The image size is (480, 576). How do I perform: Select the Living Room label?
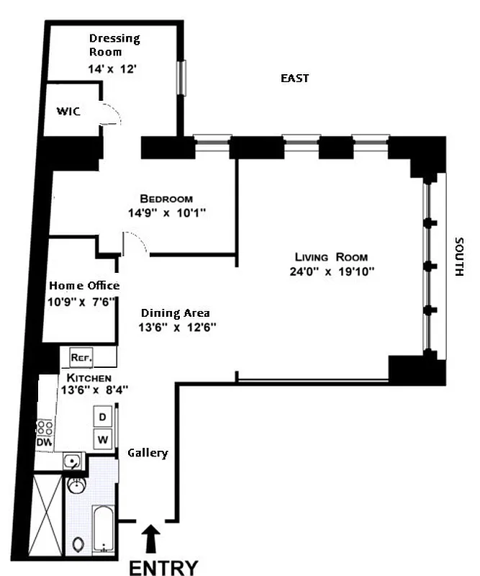[x=331, y=257]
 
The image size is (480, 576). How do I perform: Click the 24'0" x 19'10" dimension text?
[x=331, y=271]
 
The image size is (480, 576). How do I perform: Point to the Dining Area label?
[x=175, y=312]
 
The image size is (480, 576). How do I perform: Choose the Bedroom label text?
[x=166, y=199]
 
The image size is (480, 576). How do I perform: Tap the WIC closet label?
[x=68, y=112]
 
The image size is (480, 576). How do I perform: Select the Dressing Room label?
[x=114, y=45]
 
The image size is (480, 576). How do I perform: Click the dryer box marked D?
[x=102, y=417]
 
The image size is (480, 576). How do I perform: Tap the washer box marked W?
[x=102, y=438]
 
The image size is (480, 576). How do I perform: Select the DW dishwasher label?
[x=44, y=441]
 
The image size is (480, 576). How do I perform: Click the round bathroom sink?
[x=76, y=487]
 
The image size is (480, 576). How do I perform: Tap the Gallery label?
[x=148, y=453]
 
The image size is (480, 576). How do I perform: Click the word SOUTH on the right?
[x=460, y=257]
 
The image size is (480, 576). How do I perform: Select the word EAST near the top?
[x=294, y=78]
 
